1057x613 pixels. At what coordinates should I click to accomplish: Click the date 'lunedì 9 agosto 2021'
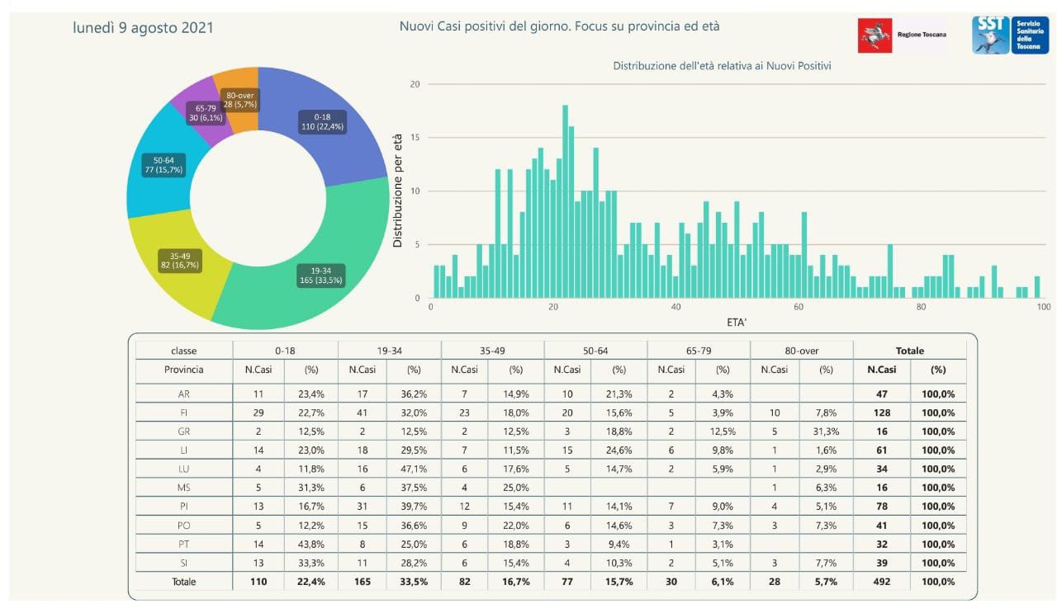pyautogui.click(x=143, y=28)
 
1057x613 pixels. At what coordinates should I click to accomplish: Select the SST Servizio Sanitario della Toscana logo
pyautogui.click(x=1010, y=35)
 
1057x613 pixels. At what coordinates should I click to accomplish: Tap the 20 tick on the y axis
pyautogui.click(x=415, y=84)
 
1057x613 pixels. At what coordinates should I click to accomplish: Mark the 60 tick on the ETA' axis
pyautogui.click(x=799, y=307)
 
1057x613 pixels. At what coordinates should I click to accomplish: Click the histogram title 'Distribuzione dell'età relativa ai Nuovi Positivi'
pyautogui.click(x=722, y=66)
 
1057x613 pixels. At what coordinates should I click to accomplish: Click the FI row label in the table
pyautogui.click(x=184, y=413)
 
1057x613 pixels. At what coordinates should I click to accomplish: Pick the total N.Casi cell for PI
pyautogui.click(x=881, y=507)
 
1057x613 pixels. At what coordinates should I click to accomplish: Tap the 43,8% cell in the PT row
pyautogui.click(x=310, y=545)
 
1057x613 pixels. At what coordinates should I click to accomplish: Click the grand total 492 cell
pyautogui.click(x=881, y=582)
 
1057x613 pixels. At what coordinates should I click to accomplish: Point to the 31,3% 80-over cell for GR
pyautogui.click(x=826, y=431)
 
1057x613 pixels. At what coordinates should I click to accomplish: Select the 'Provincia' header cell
pyautogui.click(x=184, y=370)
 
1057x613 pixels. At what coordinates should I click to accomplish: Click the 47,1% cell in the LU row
pyautogui.click(x=414, y=469)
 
